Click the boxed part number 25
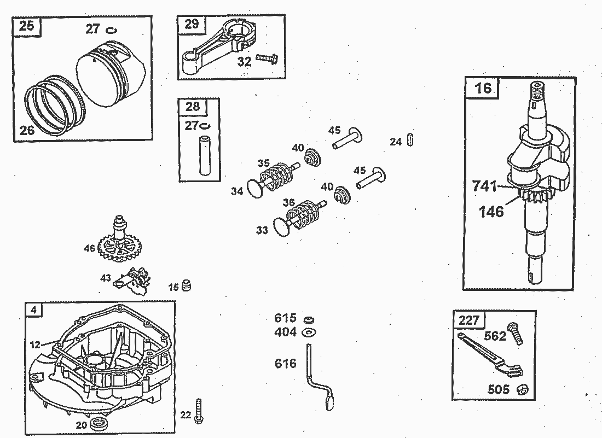[x=26, y=26]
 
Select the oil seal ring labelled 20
[x=100, y=423]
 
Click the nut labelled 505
[x=522, y=389]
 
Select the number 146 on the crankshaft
[x=491, y=212]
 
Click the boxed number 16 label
[x=483, y=87]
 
